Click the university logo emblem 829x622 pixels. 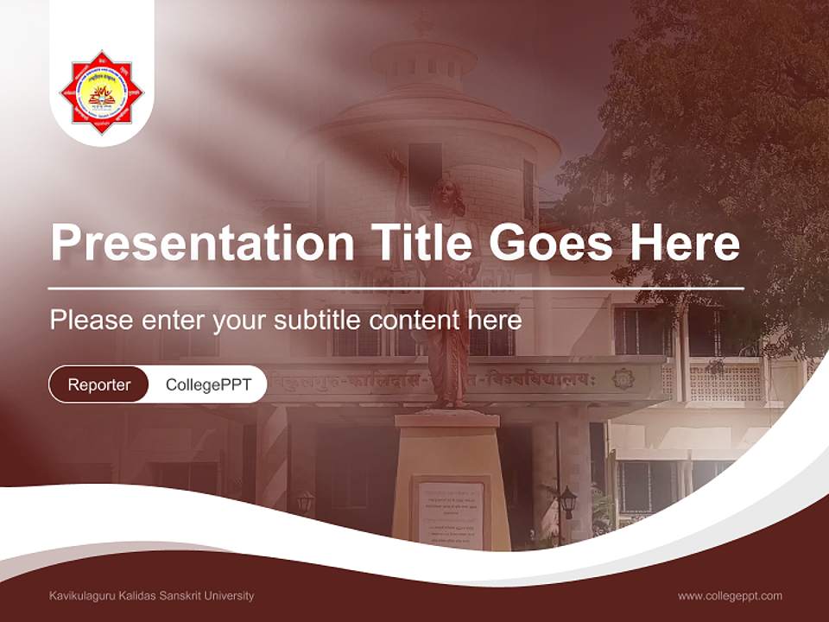click(x=102, y=92)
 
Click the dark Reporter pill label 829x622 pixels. click(x=99, y=384)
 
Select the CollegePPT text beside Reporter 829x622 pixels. click(x=208, y=384)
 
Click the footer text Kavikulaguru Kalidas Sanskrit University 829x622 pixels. click(x=152, y=595)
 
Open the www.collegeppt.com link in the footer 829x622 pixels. click(x=730, y=595)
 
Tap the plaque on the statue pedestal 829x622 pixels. click(x=451, y=513)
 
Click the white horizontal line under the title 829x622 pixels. click(x=396, y=288)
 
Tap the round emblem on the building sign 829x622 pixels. click(x=623, y=378)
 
